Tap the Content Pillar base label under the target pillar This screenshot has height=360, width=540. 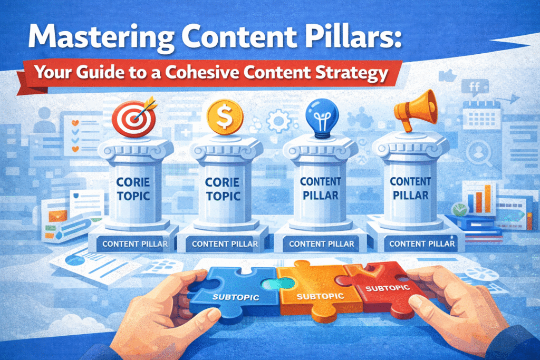point(136,244)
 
